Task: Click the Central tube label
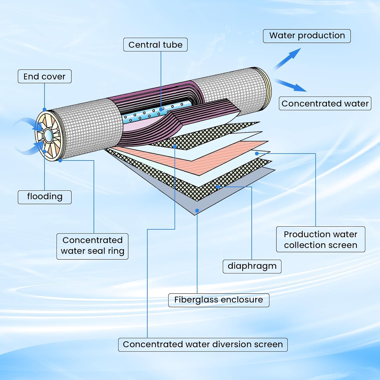[155, 45]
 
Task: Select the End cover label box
[45, 77]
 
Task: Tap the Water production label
[307, 36]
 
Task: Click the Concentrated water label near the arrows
[325, 104]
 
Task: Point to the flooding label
[45, 197]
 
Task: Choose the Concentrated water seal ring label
[92, 246]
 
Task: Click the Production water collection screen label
[320, 239]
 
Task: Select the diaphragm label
[252, 266]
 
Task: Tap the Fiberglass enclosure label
[219, 300]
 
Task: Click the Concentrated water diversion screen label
[203, 345]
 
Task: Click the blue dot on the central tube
[161, 109]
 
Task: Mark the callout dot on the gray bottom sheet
[197, 211]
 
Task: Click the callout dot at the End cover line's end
[45, 109]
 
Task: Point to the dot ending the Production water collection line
[257, 153]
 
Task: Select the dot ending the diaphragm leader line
[218, 187]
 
